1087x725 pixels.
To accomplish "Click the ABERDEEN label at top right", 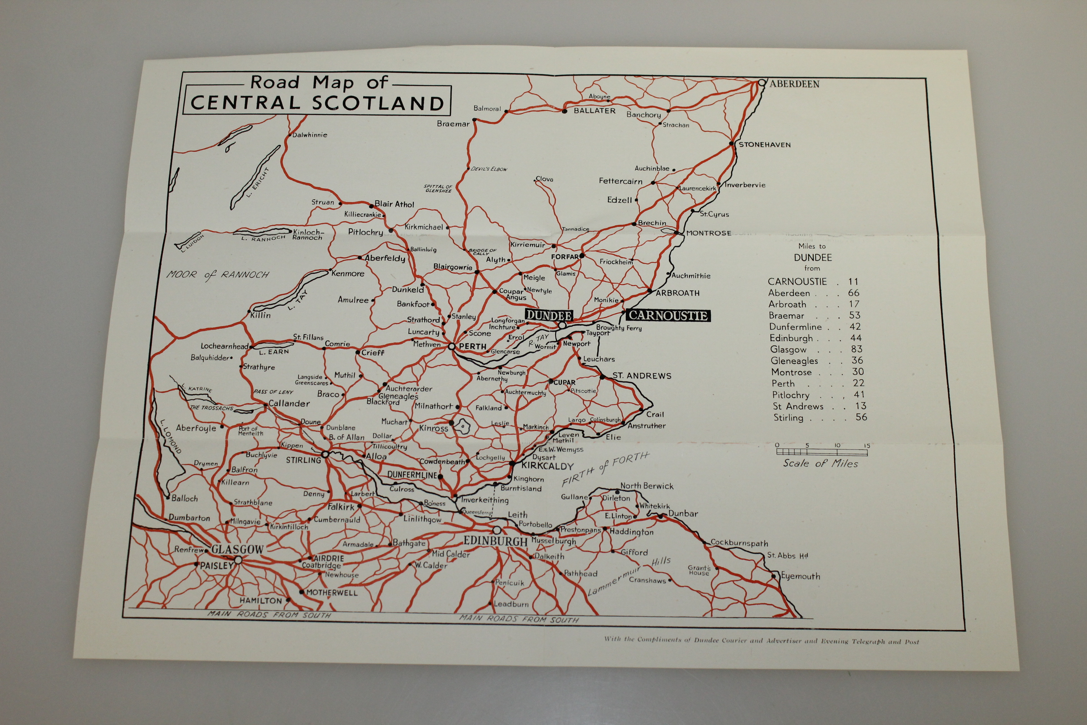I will point(794,84).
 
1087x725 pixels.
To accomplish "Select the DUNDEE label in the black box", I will point(549,316).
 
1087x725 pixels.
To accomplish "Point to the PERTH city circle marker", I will point(452,346).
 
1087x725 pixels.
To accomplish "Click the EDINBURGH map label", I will point(495,541).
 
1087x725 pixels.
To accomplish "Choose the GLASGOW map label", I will point(237,549).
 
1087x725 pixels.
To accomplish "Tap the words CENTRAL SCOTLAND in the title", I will point(317,103).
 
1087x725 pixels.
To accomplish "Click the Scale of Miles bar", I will point(821,452).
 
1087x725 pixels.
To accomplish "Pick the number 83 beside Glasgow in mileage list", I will point(856,349).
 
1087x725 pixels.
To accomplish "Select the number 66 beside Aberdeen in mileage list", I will point(853,293).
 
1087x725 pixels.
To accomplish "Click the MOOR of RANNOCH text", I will point(218,275).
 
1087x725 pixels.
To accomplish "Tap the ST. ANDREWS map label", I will point(642,376).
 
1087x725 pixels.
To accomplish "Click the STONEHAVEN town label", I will point(765,145).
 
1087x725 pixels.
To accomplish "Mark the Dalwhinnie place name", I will point(309,135).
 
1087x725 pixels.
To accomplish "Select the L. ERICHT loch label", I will point(258,182).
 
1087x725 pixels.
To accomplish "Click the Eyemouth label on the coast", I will point(801,576).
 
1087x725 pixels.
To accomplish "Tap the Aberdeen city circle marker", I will point(762,83).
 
